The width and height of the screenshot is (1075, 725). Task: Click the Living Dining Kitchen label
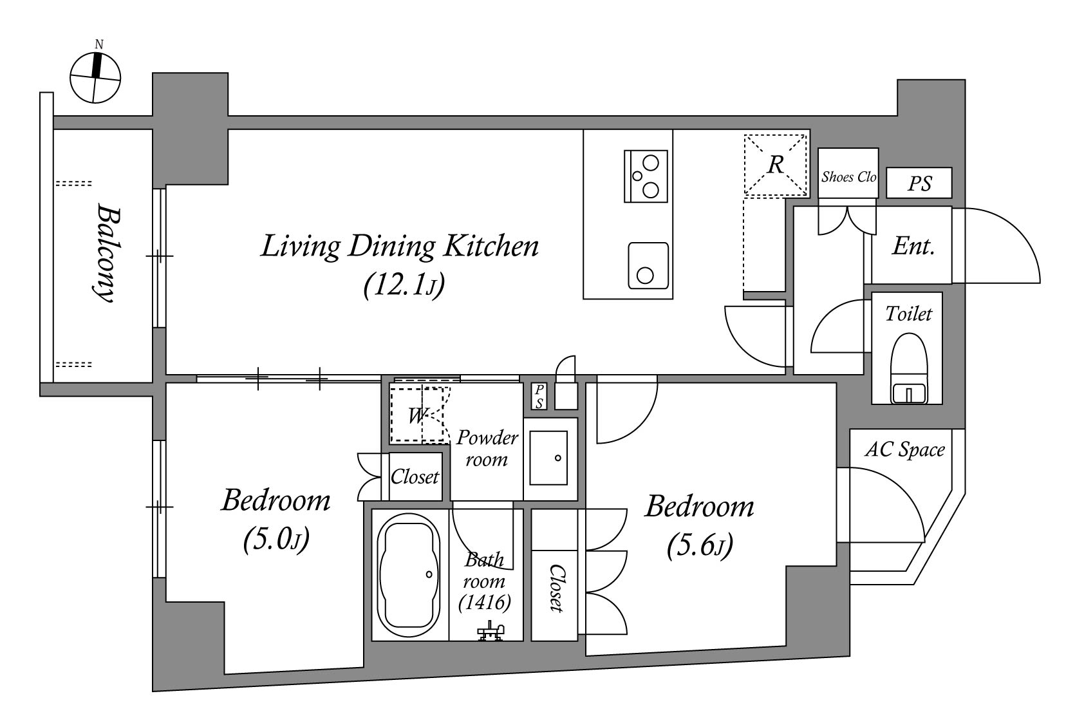tap(400, 247)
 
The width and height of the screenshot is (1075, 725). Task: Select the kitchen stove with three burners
tap(646, 176)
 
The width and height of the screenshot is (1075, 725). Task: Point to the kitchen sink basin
tap(648, 265)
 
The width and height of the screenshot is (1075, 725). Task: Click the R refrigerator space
tap(776, 165)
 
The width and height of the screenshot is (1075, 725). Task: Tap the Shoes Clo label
tap(848, 176)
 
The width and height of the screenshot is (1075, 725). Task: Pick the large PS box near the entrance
tap(919, 182)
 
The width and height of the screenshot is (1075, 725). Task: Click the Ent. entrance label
tap(913, 247)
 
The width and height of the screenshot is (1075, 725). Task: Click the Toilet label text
tap(908, 314)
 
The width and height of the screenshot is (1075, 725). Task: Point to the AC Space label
tap(904, 449)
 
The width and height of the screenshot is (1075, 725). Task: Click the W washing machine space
tap(416, 415)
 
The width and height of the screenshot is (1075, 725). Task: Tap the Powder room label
tap(487, 448)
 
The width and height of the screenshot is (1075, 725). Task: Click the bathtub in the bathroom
tap(408, 575)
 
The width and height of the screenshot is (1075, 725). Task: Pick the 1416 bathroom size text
tap(484, 603)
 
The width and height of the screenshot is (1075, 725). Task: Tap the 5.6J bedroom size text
tap(700, 546)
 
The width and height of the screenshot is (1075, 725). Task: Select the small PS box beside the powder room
tap(539, 396)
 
